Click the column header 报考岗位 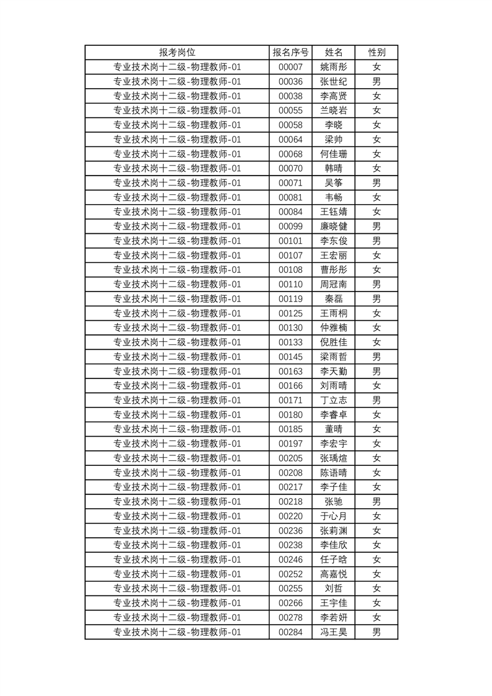tap(177, 53)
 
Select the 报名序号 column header tap(290, 53)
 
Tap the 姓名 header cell tap(334, 53)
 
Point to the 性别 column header tap(376, 53)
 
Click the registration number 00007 tap(290, 67)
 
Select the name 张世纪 tap(334, 82)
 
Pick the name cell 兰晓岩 tap(334, 110)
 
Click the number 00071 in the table tap(290, 183)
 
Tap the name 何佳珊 tap(334, 154)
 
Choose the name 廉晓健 tap(334, 226)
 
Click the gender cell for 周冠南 tap(376, 285)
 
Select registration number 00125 tap(290, 313)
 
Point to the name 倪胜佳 tap(334, 342)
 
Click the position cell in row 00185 tap(177, 429)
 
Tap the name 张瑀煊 tap(334, 458)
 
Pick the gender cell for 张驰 tap(376, 502)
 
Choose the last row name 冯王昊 tap(334, 632)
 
